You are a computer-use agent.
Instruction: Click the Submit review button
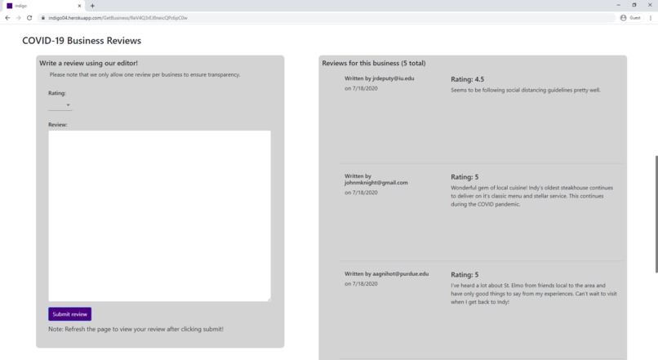(69, 314)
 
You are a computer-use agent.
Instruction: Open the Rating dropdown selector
(60, 105)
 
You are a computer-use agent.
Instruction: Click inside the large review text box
(159, 216)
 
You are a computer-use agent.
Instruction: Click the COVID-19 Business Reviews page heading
(82, 41)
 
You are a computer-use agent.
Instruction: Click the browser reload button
(29, 18)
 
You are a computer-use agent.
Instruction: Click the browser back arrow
(7, 18)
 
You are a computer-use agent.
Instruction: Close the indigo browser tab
(79, 6)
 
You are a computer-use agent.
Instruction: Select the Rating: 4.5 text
(467, 79)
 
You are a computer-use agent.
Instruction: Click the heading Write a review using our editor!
(88, 63)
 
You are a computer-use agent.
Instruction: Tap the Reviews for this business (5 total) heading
(373, 63)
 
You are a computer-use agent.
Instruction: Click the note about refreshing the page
(136, 329)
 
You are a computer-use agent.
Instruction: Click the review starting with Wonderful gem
(531, 196)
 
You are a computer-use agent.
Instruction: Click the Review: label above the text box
(57, 124)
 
